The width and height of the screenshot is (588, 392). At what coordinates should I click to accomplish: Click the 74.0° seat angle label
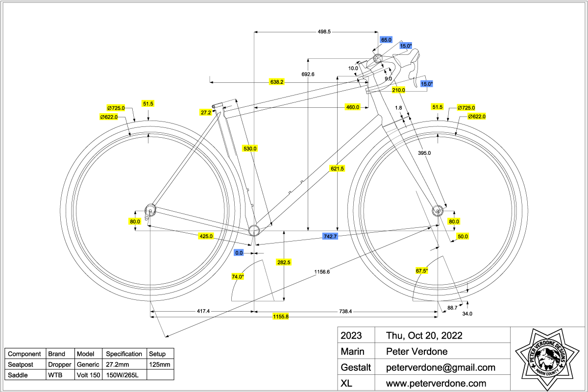tap(238, 277)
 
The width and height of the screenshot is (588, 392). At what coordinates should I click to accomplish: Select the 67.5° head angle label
tap(422, 270)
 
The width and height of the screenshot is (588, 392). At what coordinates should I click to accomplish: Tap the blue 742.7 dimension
tap(330, 237)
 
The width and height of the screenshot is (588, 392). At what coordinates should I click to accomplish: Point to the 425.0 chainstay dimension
tap(206, 236)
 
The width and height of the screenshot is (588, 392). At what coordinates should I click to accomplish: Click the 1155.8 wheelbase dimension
tap(280, 317)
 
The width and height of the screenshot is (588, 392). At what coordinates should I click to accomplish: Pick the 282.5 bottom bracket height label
tap(284, 262)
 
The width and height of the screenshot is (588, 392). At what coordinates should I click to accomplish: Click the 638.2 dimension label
tap(277, 82)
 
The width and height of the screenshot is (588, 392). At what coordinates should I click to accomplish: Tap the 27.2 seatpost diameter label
tap(206, 112)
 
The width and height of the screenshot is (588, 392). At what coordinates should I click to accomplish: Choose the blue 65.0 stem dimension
tap(386, 40)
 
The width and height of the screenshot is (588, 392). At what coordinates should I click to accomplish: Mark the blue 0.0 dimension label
tap(239, 253)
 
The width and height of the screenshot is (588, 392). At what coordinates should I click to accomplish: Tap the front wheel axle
tap(437, 211)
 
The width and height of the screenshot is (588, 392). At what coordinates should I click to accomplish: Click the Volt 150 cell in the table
tap(89, 375)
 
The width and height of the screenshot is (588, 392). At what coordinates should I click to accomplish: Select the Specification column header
tap(124, 354)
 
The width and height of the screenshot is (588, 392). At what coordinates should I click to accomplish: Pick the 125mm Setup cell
tap(160, 365)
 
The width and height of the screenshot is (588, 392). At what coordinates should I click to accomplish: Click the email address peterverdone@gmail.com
tap(441, 367)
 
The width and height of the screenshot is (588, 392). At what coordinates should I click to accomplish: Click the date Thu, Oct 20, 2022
tap(424, 336)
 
